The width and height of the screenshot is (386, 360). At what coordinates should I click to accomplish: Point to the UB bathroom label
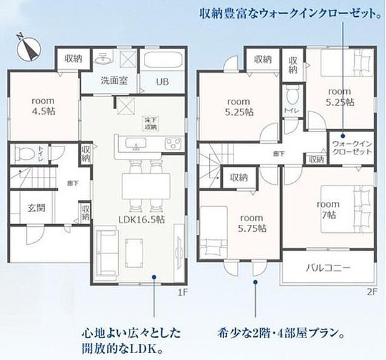pos(162,82)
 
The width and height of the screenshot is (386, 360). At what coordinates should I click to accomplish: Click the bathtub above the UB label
pos(161,61)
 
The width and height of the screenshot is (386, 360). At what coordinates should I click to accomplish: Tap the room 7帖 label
pos(327,209)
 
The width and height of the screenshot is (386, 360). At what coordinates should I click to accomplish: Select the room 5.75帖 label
pos(252,224)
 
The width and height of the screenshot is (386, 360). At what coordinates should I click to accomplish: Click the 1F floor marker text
pos(182,290)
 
